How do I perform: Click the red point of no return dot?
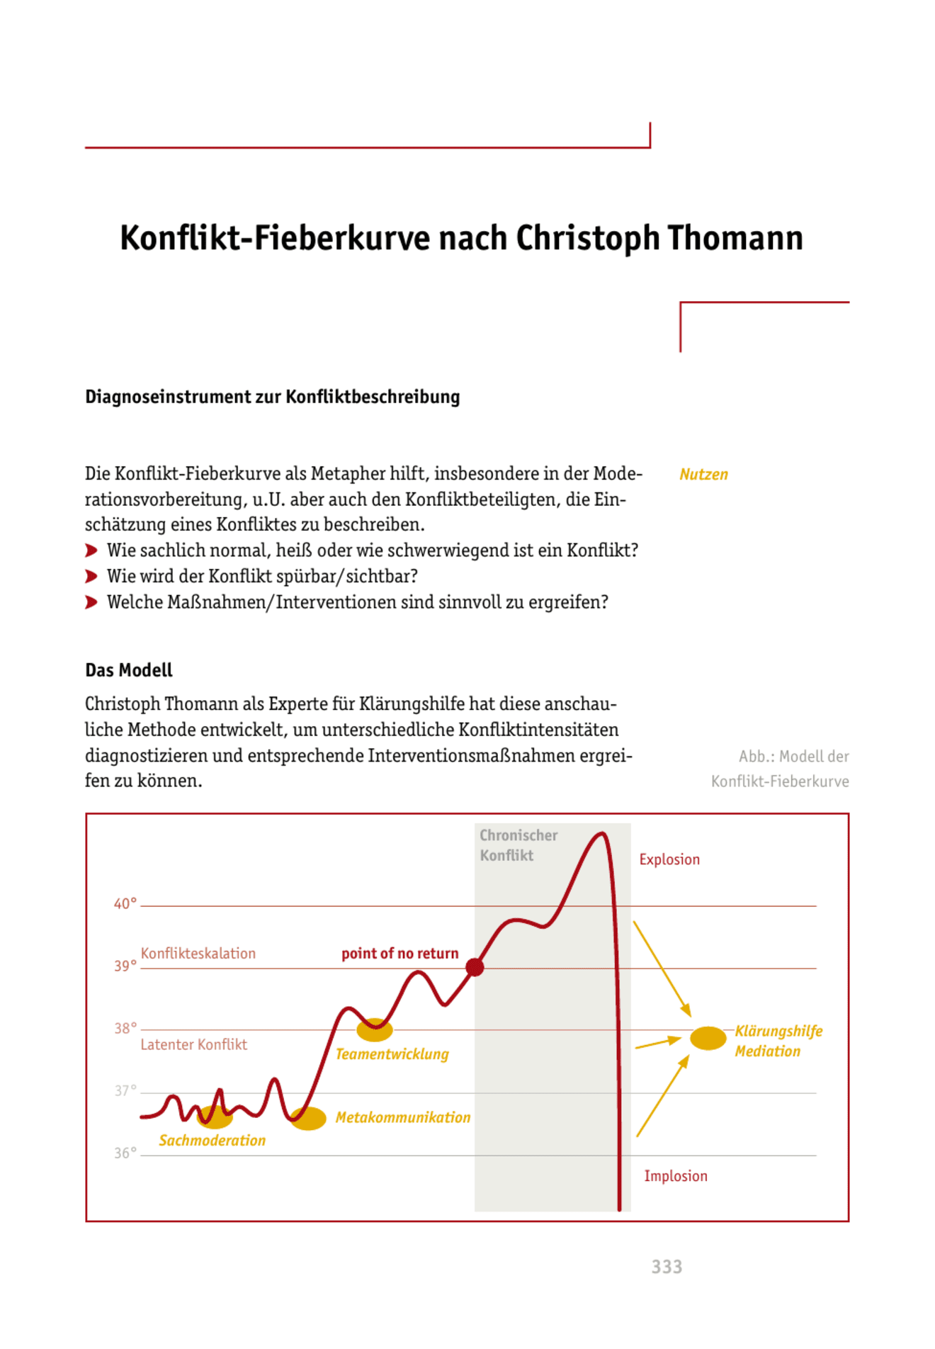pyautogui.click(x=475, y=966)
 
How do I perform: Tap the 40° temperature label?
pyautogui.click(x=125, y=904)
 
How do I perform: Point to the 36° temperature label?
pyautogui.click(x=125, y=1153)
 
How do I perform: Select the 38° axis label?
pyautogui.click(x=125, y=1028)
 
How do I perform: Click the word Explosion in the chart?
pyautogui.click(x=669, y=859)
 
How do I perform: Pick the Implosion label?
pyautogui.click(x=675, y=1176)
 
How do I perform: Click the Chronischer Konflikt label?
pyautogui.click(x=518, y=845)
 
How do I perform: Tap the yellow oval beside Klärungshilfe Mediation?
pyautogui.click(x=708, y=1038)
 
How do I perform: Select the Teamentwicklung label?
pyautogui.click(x=392, y=1054)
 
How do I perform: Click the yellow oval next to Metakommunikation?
pyautogui.click(x=309, y=1118)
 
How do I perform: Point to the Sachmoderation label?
pyautogui.click(x=212, y=1141)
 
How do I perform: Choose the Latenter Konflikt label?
pyautogui.click(x=193, y=1044)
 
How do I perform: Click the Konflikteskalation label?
pyautogui.click(x=198, y=954)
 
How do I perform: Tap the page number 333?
pyautogui.click(x=667, y=1267)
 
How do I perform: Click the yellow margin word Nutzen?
pyautogui.click(x=703, y=475)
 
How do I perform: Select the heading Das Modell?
pyautogui.click(x=128, y=670)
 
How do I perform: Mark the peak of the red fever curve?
pyautogui.click(x=601, y=834)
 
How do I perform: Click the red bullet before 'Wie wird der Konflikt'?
pyautogui.click(x=91, y=577)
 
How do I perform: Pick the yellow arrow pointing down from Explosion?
pyautogui.click(x=662, y=969)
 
